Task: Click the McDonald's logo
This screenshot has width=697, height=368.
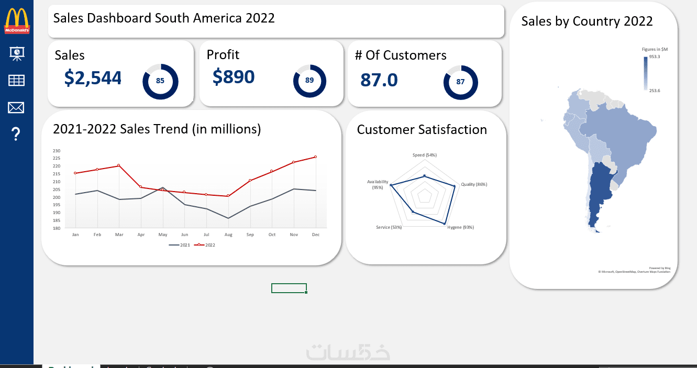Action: click(x=17, y=20)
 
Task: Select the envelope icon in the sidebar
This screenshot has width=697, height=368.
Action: click(x=16, y=108)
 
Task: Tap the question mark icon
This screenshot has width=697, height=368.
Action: click(x=16, y=135)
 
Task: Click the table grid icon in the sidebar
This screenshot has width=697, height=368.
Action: click(x=16, y=80)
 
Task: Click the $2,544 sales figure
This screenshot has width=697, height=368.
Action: click(x=93, y=78)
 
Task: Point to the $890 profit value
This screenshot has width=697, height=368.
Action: click(x=234, y=76)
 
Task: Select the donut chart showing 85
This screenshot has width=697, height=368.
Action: click(x=160, y=81)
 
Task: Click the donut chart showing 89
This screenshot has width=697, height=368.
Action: click(x=309, y=81)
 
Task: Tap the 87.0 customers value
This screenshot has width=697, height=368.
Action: click(x=379, y=80)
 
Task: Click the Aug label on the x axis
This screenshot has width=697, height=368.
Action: click(x=228, y=235)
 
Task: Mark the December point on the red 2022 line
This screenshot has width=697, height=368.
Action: click(x=315, y=157)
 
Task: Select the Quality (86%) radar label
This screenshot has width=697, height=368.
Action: click(x=474, y=184)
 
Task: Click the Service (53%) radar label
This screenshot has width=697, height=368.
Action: click(x=389, y=227)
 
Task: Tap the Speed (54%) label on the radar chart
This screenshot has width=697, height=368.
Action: click(x=424, y=155)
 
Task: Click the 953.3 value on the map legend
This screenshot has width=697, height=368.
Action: click(x=655, y=57)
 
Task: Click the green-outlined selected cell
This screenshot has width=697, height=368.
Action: click(x=289, y=288)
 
